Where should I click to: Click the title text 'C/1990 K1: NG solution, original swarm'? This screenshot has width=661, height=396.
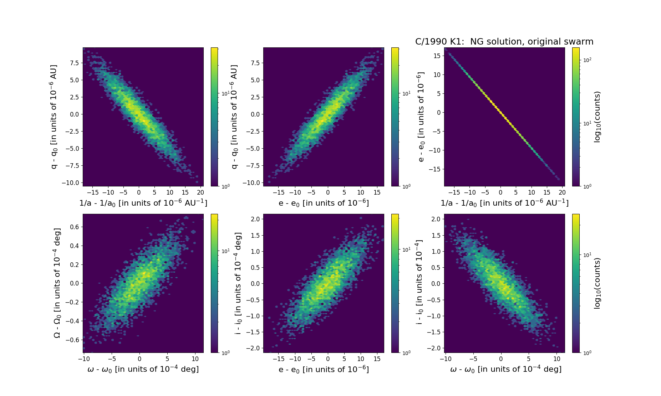click(x=504, y=42)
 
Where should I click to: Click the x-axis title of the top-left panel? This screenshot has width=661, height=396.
click(x=143, y=203)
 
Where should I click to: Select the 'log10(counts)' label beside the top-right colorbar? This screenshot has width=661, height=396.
click(x=597, y=117)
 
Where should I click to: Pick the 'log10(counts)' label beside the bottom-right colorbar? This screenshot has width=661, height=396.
click(x=597, y=283)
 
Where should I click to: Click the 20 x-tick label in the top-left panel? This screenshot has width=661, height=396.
click(x=200, y=192)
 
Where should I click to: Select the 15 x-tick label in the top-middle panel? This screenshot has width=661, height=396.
click(x=377, y=192)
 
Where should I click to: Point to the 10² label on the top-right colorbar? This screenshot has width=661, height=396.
click(x=587, y=60)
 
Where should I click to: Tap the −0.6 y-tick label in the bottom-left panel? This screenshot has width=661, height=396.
click(x=72, y=340)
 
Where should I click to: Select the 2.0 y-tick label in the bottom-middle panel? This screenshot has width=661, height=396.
click(x=255, y=219)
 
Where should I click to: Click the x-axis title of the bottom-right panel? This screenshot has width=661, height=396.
click(x=506, y=369)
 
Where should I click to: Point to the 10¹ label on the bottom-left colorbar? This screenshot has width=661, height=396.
click(x=225, y=251)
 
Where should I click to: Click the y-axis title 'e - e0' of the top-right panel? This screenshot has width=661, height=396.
click(x=421, y=117)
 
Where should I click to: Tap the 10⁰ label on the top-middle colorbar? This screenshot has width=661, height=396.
click(x=406, y=186)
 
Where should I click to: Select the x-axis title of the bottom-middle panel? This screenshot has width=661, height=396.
click(x=324, y=369)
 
